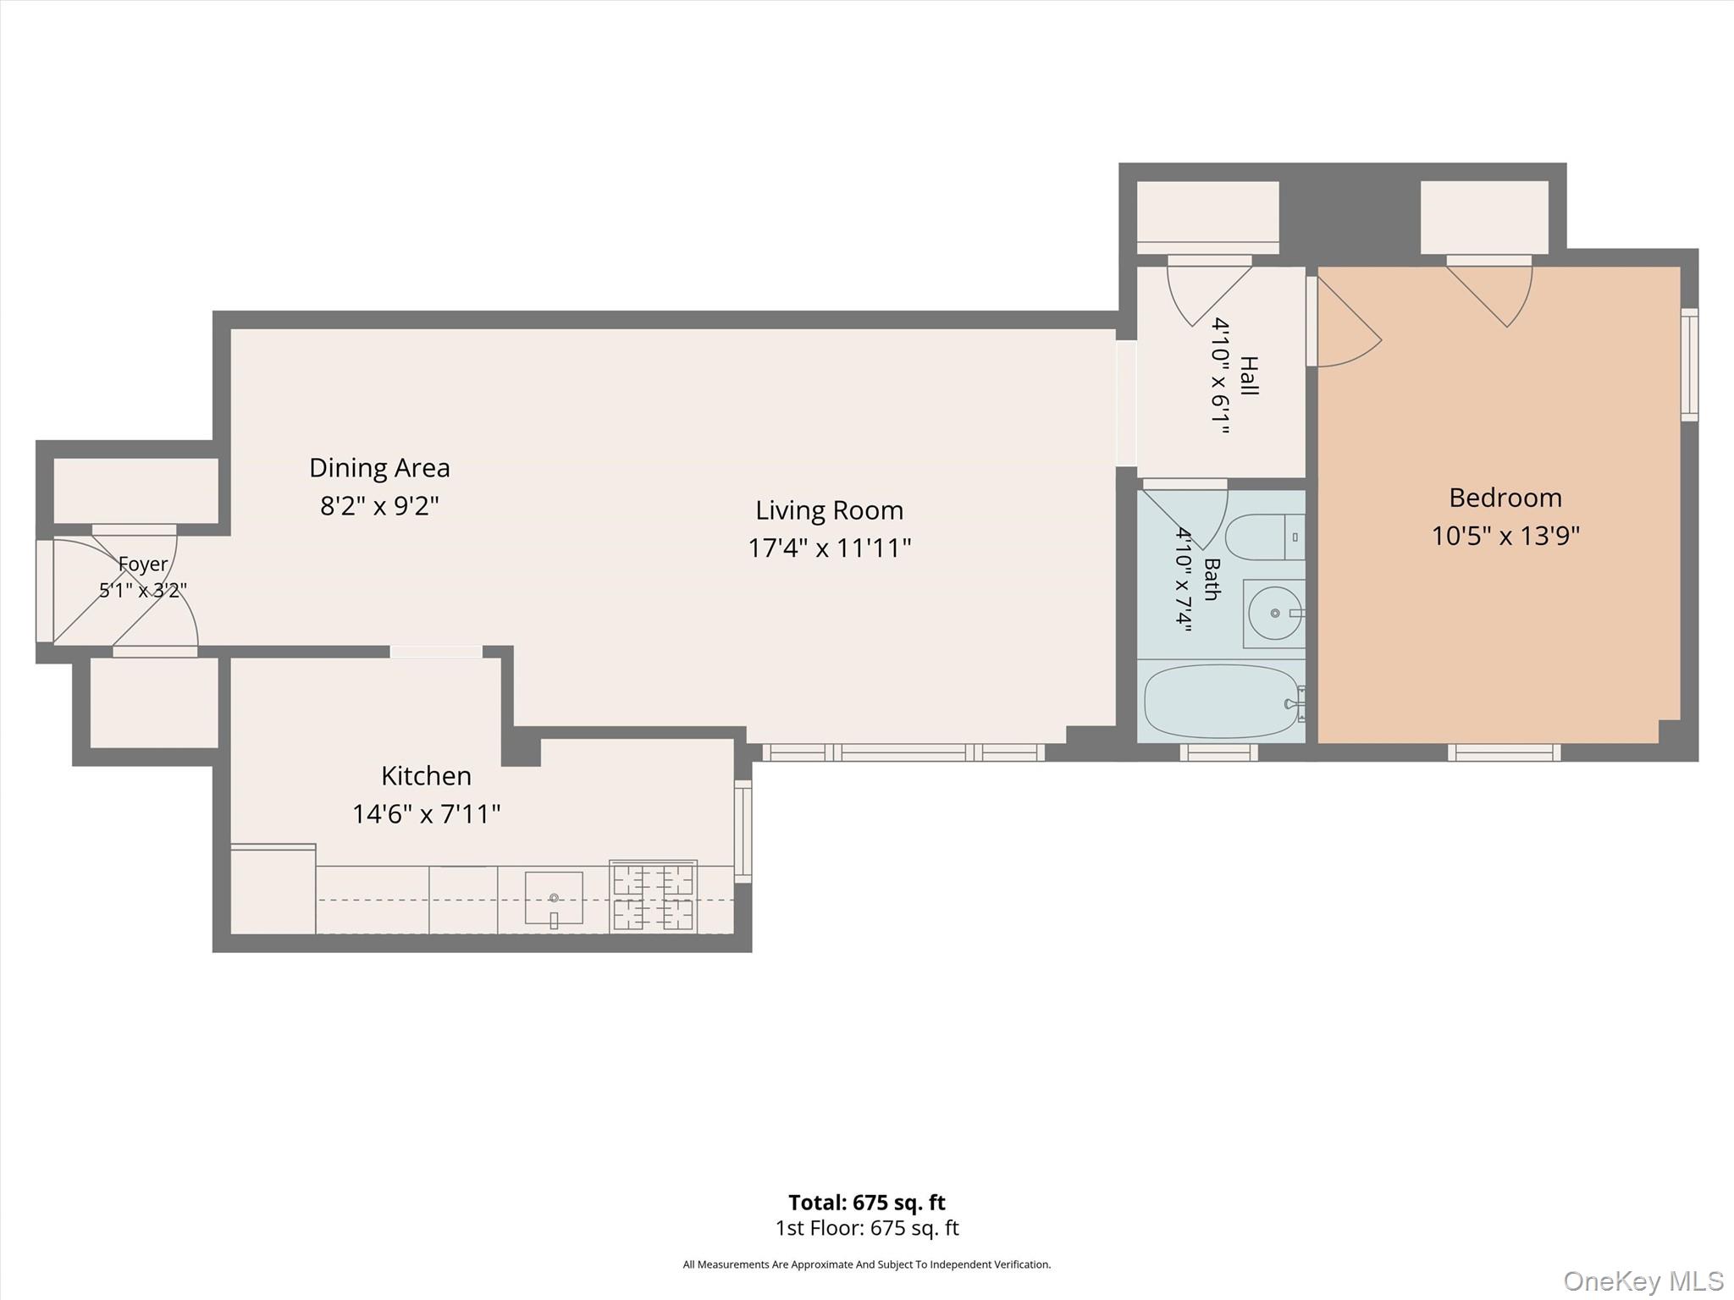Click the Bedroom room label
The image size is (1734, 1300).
[1505, 498]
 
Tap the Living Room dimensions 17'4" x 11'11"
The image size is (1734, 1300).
[829, 548]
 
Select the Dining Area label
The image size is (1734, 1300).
[379, 467]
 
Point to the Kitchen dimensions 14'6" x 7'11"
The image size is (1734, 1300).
[426, 814]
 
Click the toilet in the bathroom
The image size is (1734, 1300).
[1265, 537]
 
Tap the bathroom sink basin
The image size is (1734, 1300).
[1274, 614]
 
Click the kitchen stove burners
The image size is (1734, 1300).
[653, 897]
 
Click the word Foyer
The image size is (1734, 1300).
[142, 564]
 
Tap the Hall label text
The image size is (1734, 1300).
[1248, 376]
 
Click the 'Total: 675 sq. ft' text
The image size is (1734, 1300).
[867, 1203]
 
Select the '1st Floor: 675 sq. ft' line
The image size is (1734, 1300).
[867, 1228]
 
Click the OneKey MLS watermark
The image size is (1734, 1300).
[1643, 1281]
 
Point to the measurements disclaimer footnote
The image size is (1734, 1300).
[867, 1264]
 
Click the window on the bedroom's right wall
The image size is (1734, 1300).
[1689, 365]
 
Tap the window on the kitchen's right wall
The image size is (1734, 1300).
[743, 831]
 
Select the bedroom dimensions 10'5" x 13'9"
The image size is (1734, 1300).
[1505, 537]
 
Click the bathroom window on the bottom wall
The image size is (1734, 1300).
[1218, 752]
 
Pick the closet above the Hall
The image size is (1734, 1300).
[1207, 217]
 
